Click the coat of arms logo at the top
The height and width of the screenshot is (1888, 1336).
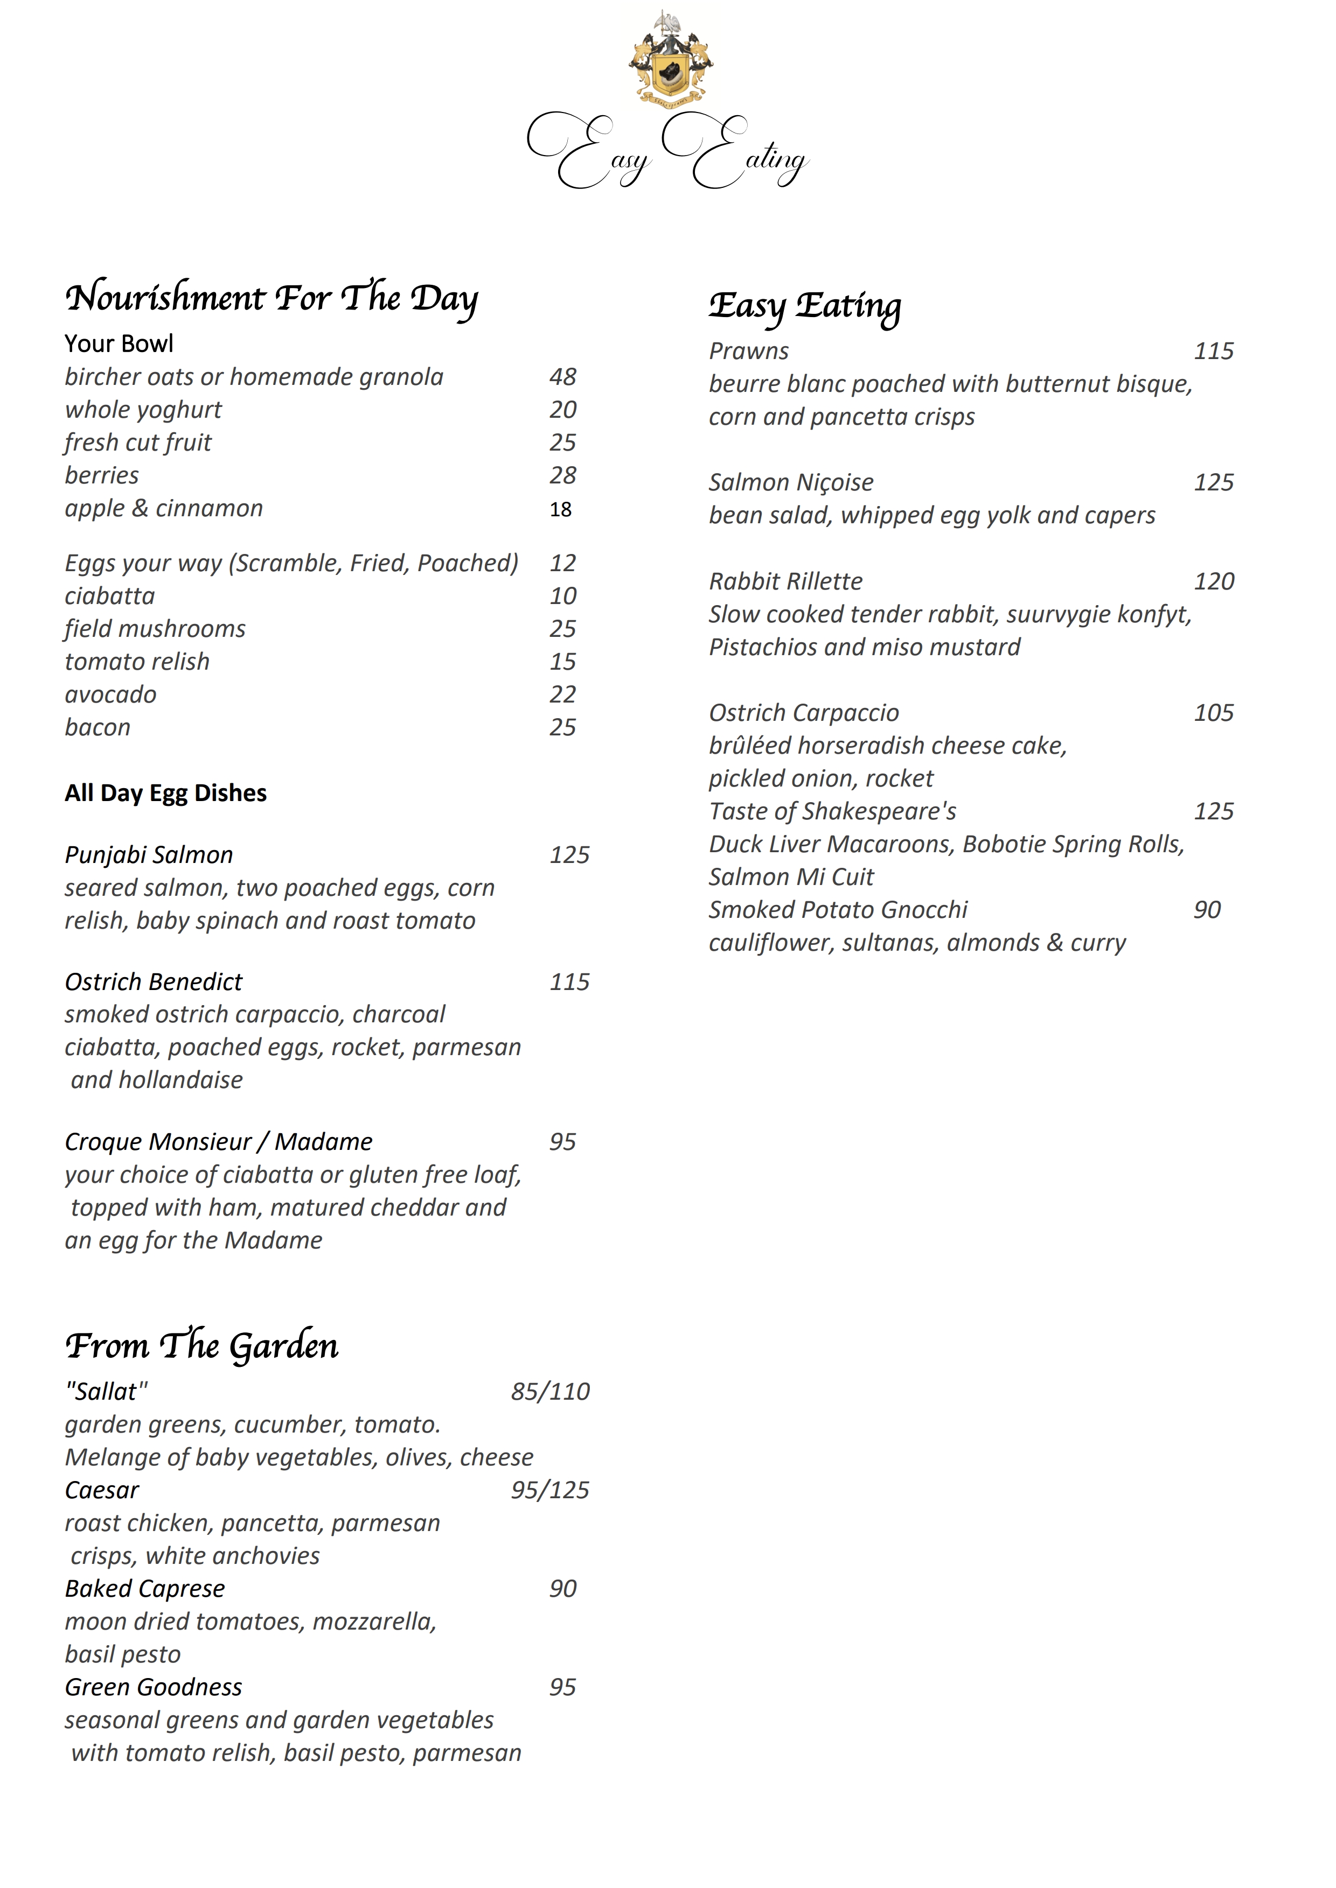pyautogui.click(x=670, y=59)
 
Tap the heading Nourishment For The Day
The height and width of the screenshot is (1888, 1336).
pyautogui.click(x=272, y=298)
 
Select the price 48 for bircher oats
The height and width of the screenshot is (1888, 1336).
pyautogui.click(x=563, y=377)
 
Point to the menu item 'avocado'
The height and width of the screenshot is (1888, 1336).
pyautogui.click(x=110, y=695)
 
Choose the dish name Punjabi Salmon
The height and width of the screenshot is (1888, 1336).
pyautogui.click(x=149, y=855)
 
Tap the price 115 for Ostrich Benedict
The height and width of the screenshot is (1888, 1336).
pyautogui.click(x=569, y=982)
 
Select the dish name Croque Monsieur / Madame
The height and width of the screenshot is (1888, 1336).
pyautogui.click(x=218, y=1142)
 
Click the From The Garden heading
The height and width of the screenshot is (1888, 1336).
pyautogui.click(x=201, y=1346)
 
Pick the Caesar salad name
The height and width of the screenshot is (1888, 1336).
pyautogui.click(x=102, y=1490)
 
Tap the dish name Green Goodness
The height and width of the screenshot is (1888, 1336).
pyautogui.click(x=153, y=1687)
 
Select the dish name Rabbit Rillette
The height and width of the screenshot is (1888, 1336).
pyautogui.click(x=785, y=582)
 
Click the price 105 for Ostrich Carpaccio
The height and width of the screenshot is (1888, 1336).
pyautogui.click(x=1213, y=713)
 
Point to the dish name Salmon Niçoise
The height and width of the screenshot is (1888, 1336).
pyautogui.click(x=791, y=483)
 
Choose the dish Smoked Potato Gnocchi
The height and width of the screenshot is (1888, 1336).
pyautogui.click(x=838, y=910)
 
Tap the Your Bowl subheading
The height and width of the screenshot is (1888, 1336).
pyautogui.click(x=119, y=343)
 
